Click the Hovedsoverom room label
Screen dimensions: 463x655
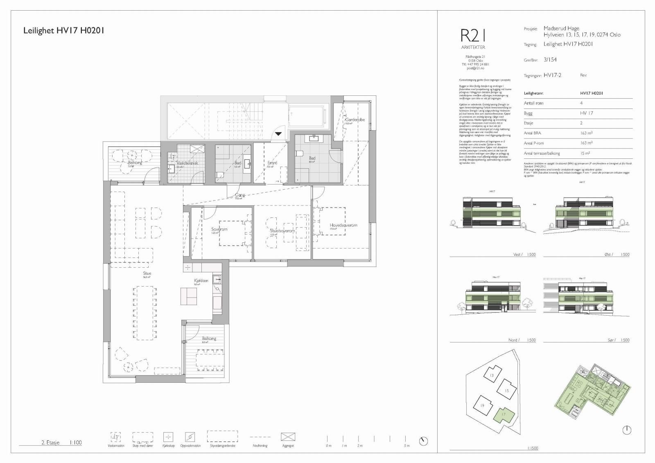(x=343, y=225)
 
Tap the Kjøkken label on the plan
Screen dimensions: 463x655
(x=201, y=281)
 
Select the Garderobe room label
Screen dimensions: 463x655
(x=355, y=120)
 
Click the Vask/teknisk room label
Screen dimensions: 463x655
(x=187, y=163)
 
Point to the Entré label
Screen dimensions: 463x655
(x=272, y=163)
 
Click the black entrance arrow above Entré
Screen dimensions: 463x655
(x=278, y=133)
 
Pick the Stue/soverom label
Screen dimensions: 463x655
(x=282, y=231)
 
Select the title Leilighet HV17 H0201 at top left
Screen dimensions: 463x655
(x=64, y=30)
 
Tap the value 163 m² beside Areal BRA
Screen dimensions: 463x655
(x=586, y=133)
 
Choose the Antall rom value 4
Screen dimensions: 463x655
(x=581, y=103)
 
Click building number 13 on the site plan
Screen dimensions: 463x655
(x=492, y=375)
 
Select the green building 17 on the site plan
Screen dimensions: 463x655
(x=503, y=415)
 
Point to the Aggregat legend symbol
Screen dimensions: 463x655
(x=288, y=437)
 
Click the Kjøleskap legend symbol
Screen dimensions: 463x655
(x=168, y=437)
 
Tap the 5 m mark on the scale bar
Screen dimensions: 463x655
(x=406, y=445)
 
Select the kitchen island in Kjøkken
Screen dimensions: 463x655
(x=189, y=296)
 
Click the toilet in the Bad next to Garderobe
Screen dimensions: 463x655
(x=300, y=154)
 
